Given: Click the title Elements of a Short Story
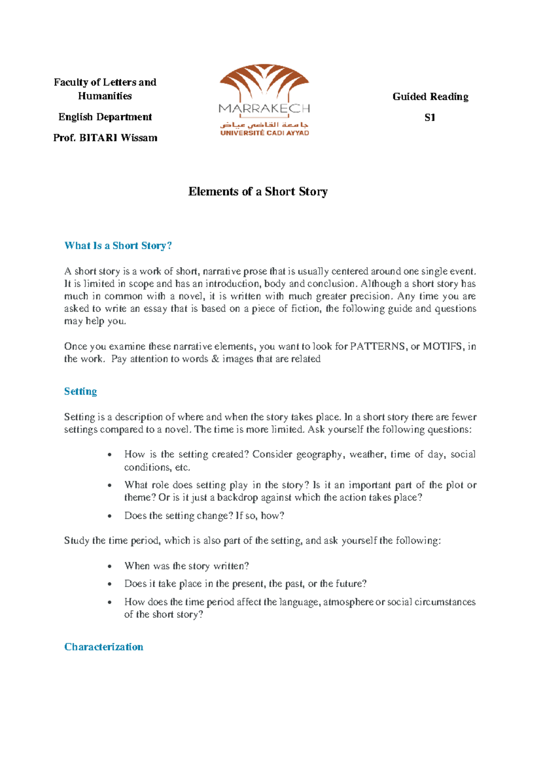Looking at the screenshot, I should (x=257, y=191).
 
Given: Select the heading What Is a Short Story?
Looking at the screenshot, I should (x=118, y=246).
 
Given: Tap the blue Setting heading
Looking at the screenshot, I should (x=80, y=391).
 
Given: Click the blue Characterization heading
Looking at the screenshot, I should (x=104, y=646).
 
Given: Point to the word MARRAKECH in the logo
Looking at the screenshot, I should (x=264, y=109).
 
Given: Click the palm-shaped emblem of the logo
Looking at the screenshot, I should (x=264, y=81).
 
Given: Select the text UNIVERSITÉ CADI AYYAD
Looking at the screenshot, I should (x=264, y=133).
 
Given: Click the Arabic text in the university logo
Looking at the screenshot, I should (x=264, y=124).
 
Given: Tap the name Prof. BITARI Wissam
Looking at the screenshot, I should (x=105, y=138).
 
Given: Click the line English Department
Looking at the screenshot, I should (x=105, y=117).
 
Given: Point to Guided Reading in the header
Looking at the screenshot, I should (x=430, y=96).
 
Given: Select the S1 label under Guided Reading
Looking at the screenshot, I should (x=430, y=118).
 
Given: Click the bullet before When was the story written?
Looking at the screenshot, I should (x=110, y=566).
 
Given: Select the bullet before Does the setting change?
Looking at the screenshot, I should (x=110, y=516).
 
